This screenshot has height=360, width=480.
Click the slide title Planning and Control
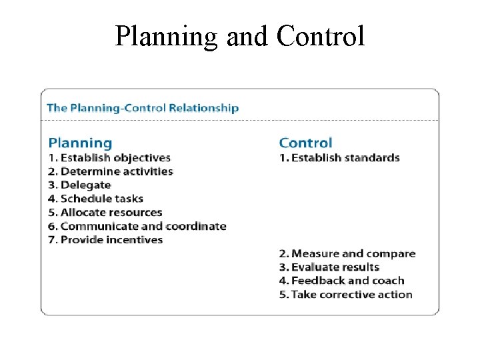click(x=239, y=36)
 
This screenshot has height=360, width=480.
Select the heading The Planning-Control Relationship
click(x=143, y=107)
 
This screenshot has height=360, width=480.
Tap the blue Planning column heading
click(x=80, y=143)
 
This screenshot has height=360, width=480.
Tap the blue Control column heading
click(x=305, y=143)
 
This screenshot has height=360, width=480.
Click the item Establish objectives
click(x=109, y=158)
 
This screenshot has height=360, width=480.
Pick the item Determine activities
click(x=111, y=171)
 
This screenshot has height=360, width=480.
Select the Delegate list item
click(x=79, y=185)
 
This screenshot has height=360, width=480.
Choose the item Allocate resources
click(x=105, y=213)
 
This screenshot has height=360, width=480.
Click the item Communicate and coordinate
click(x=137, y=226)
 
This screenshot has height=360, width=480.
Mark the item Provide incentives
click(x=105, y=240)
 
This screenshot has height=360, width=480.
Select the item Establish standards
click(x=339, y=158)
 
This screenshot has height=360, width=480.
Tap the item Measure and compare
click(x=347, y=253)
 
